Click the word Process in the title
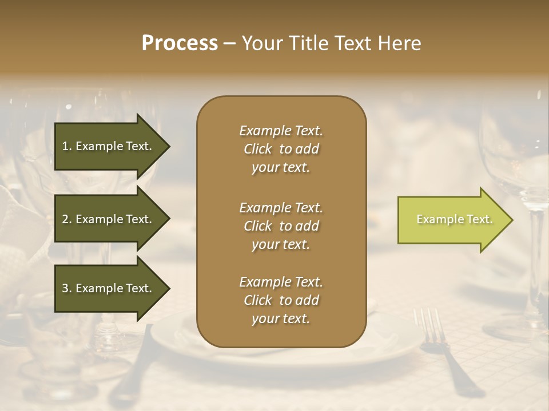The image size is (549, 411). [x=180, y=43]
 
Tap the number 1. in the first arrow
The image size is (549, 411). [x=67, y=146]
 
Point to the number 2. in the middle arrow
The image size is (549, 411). [x=67, y=219]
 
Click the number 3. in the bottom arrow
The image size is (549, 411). [x=67, y=288]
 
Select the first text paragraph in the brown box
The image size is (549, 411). [x=281, y=149]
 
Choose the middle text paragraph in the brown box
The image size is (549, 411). [x=281, y=226]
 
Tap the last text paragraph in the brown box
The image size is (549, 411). [x=281, y=300]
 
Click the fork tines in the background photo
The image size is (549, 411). [x=429, y=325]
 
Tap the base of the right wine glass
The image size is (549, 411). [x=515, y=331]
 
